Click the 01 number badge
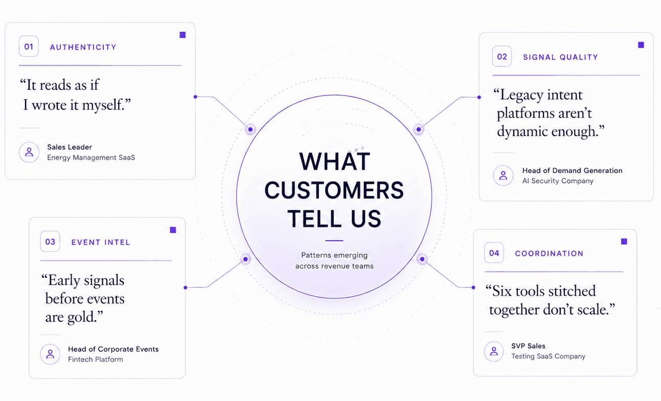pyautogui.click(x=29, y=46)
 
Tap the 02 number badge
pyautogui.click(x=502, y=56)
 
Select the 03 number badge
pyautogui.click(x=50, y=242)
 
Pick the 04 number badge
pyautogui.click(x=494, y=253)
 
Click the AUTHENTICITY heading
pyautogui.click(x=83, y=47)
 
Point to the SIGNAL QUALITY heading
pyautogui.click(x=560, y=57)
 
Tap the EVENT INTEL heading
pyautogui.click(x=101, y=242)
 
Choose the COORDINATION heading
pyautogui.click(x=549, y=253)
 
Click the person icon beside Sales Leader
pyautogui.click(x=29, y=152)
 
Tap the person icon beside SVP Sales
pyautogui.click(x=494, y=351)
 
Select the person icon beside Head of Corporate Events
pyautogui.click(x=50, y=354)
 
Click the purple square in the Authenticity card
pyautogui.click(x=183, y=35)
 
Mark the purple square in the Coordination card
pyautogui.click(x=624, y=242)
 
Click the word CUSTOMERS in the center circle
pyautogui.click(x=334, y=190)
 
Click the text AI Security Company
pyautogui.click(x=558, y=181)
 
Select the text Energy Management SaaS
pyautogui.click(x=91, y=157)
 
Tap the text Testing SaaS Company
pyautogui.click(x=548, y=356)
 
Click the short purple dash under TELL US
pyautogui.click(x=334, y=241)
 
